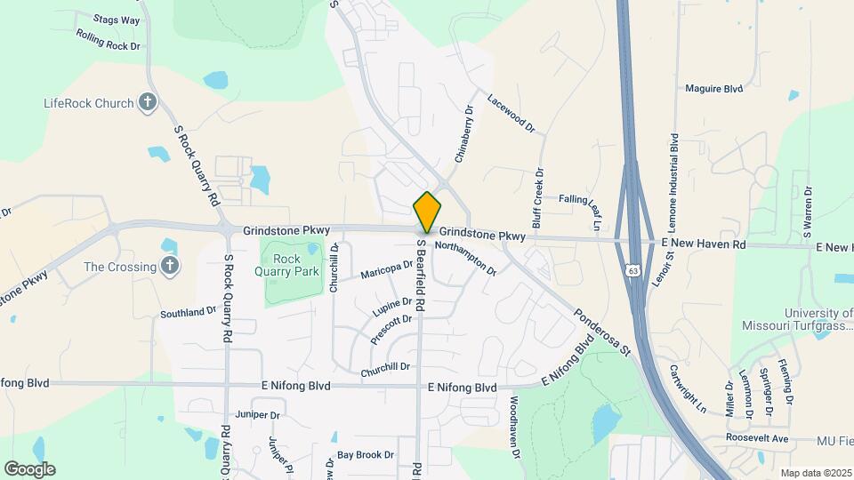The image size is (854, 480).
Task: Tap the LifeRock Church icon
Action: (149, 103)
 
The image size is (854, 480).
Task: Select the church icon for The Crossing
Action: (170, 266)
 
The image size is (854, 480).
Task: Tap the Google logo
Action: (29, 468)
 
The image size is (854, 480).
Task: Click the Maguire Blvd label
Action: (713, 89)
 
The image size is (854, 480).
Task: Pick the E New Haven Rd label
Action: (703, 243)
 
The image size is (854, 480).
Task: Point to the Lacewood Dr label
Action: (511, 113)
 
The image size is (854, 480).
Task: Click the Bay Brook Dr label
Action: (365, 454)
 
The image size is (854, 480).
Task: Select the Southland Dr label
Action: (189, 312)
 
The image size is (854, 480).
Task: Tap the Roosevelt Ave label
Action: (757, 439)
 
